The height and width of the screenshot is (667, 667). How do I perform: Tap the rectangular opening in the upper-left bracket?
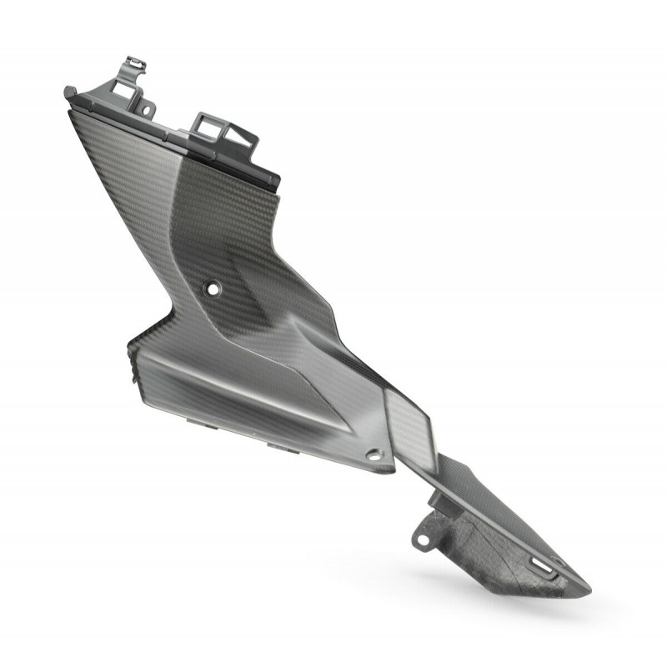130,83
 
